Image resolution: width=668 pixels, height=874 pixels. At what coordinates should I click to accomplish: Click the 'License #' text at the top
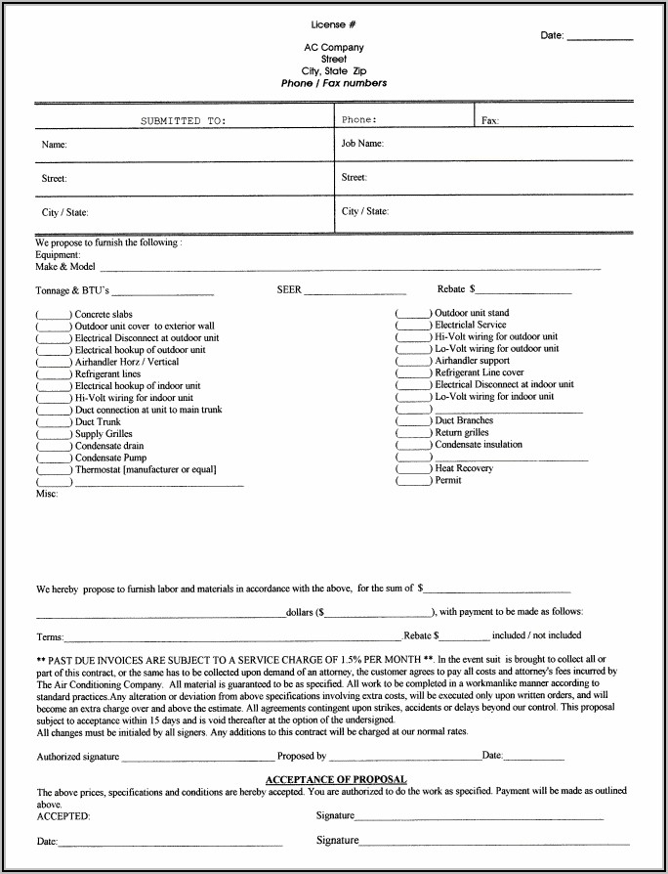[x=334, y=23]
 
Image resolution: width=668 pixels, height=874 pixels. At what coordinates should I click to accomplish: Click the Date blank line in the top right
[x=600, y=37]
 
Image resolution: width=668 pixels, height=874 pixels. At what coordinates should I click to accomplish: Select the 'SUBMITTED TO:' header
[x=183, y=121]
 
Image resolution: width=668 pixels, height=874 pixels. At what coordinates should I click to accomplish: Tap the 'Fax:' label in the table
[x=490, y=120]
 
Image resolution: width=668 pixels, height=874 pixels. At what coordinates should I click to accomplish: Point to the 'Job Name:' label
[x=362, y=144]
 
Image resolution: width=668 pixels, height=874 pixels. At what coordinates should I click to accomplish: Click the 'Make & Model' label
[x=65, y=267]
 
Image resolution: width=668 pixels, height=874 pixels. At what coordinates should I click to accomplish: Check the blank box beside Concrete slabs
[x=55, y=315]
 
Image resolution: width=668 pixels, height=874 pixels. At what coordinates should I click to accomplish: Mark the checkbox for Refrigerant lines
[x=55, y=374]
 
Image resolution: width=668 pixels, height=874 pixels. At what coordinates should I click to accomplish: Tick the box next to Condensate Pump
[x=55, y=458]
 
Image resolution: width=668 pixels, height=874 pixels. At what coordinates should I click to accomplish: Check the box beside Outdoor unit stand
[x=414, y=314]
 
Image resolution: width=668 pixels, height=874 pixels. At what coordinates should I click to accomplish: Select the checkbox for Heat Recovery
[x=414, y=469]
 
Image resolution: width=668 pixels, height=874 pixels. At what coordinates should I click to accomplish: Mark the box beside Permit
[x=414, y=481]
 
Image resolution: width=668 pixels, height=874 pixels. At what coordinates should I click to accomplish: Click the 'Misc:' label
[x=47, y=495]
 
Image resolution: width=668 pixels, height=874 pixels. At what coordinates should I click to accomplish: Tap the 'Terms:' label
[x=50, y=636]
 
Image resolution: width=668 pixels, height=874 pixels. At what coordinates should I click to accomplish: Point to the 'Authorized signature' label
[x=78, y=757]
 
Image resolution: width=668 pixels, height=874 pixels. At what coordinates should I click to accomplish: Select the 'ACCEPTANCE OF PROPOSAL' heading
[x=336, y=779]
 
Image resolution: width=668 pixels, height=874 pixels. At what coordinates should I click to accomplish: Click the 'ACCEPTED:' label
[x=63, y=815]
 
